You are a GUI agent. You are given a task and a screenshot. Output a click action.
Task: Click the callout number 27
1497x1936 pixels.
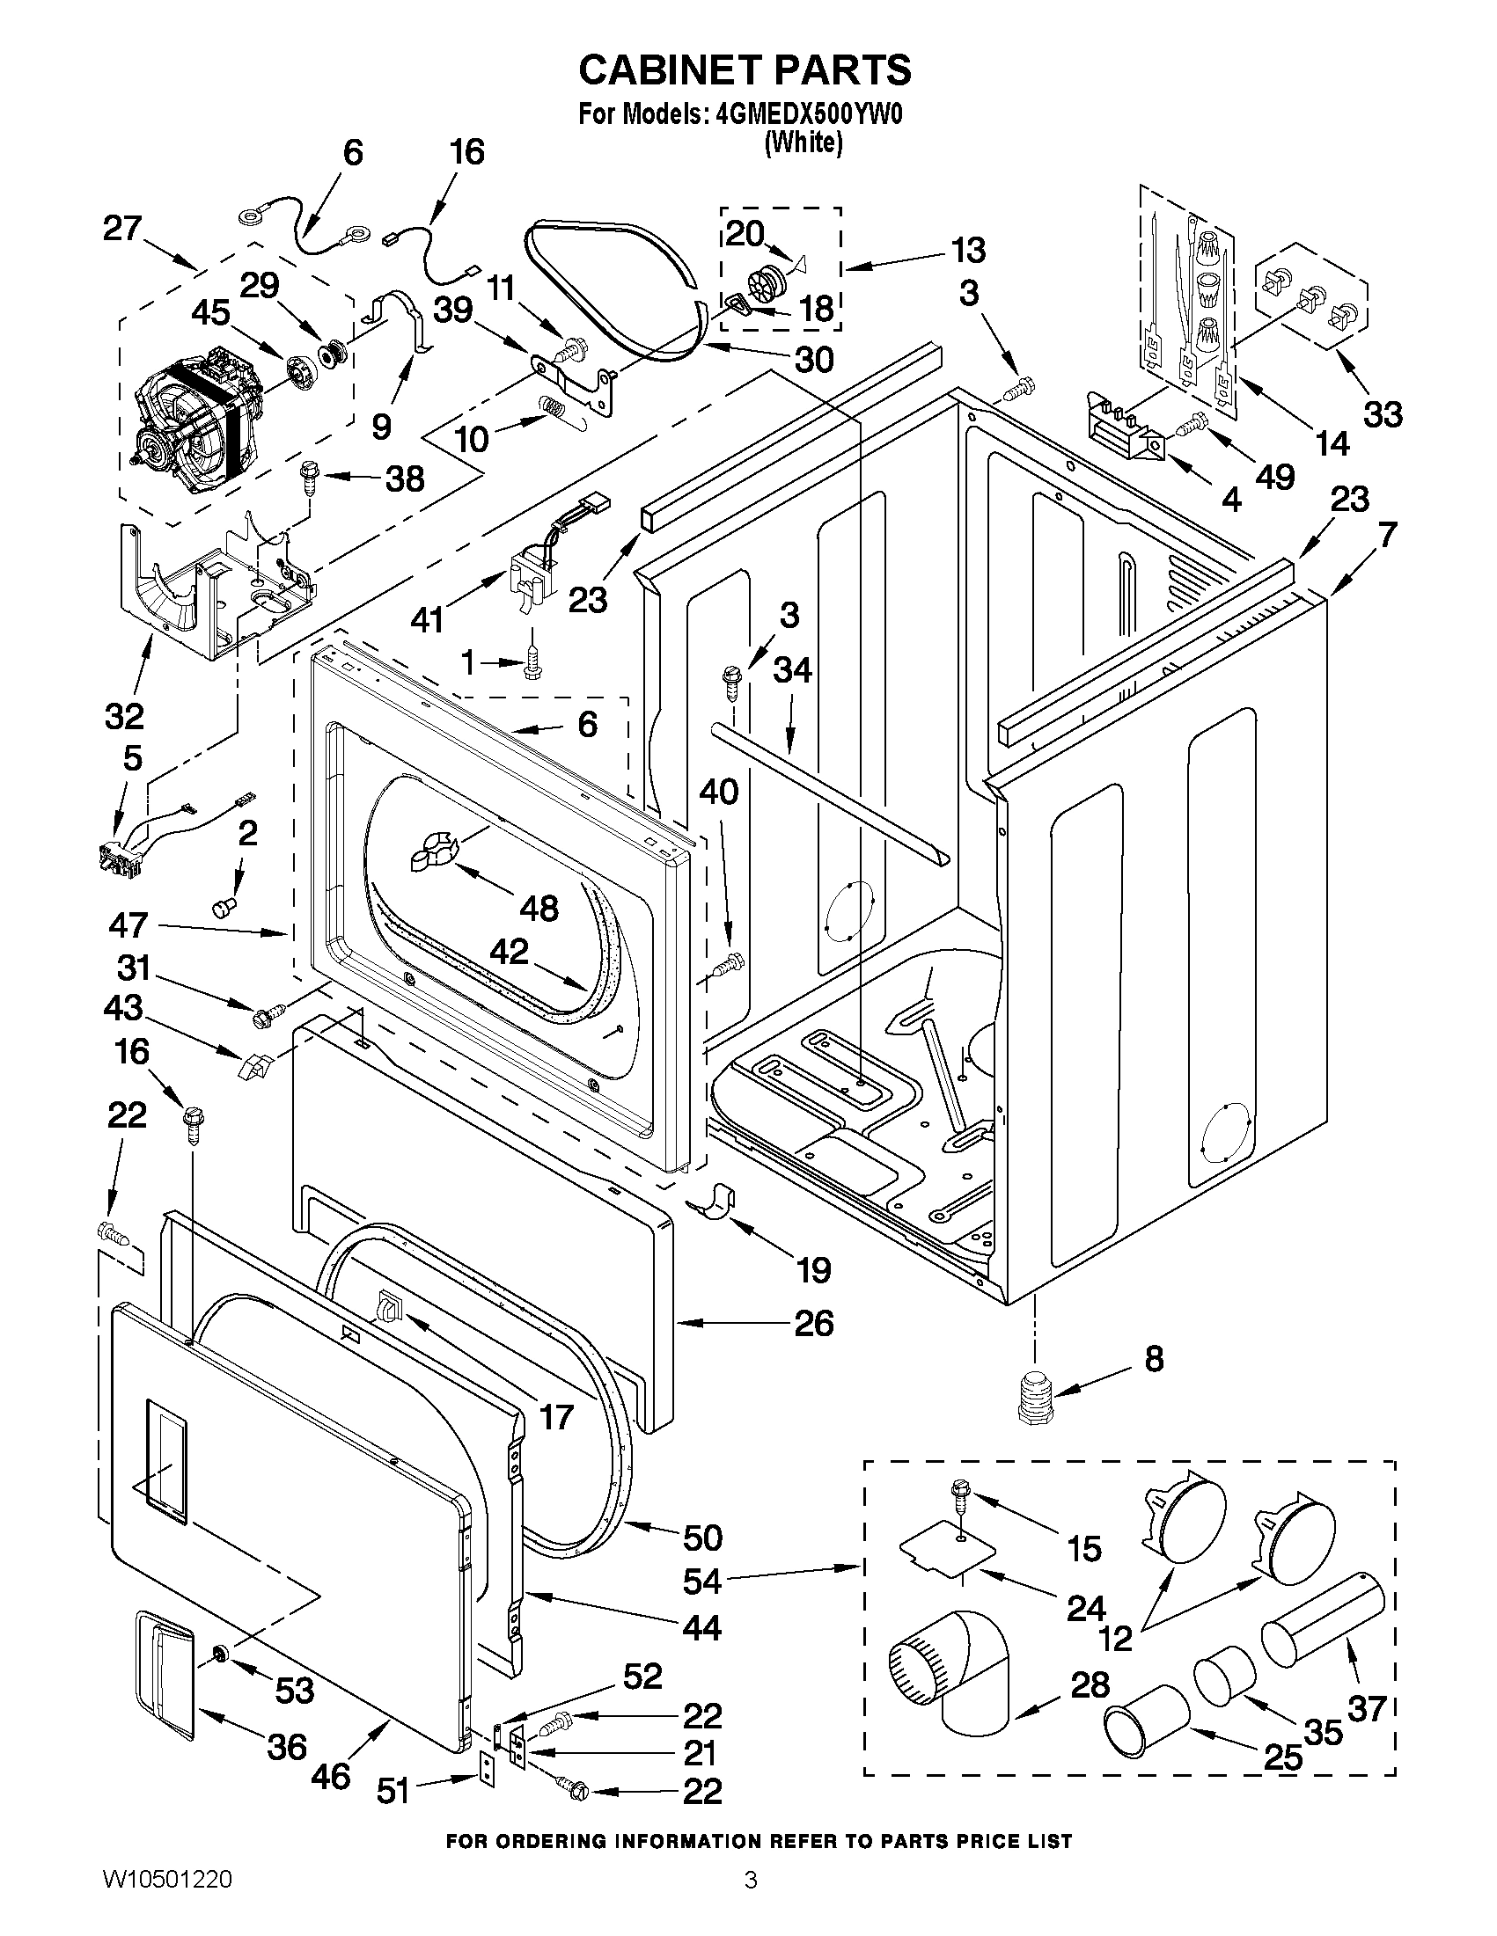point(122,229)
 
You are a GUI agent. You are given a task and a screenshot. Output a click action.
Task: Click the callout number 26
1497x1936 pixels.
point(813,1324)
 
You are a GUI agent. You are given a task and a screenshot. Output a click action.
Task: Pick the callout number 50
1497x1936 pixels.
point(702,1537)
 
